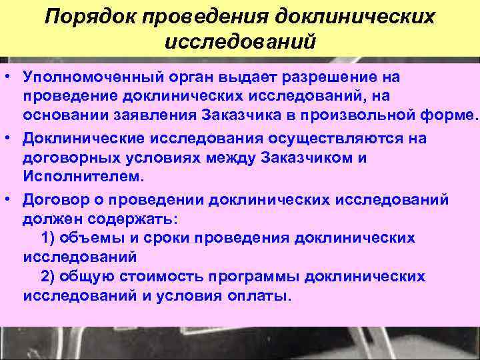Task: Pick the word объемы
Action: tap(87, 237)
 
